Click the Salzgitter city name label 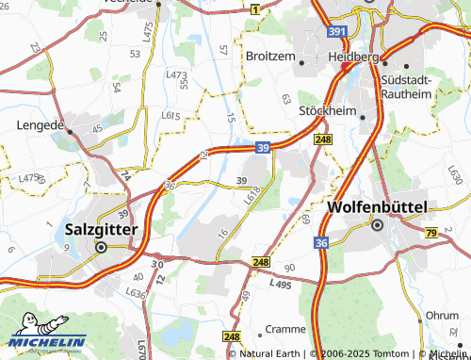point(102,228)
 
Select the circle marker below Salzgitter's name point(100,247)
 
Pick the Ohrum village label point(442,315)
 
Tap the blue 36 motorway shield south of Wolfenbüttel point(321,242)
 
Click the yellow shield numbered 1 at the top point(254,8)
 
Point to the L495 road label point(281,284)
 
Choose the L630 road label point(454,174)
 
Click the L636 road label point(138,294)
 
